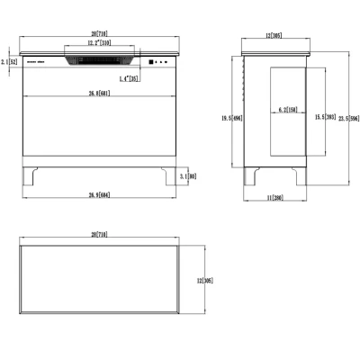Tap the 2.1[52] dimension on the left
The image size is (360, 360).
coord(9,62)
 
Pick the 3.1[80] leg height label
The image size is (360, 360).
coord(187,178)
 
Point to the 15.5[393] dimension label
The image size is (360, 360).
coord(324,116)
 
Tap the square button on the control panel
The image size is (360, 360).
coord(149,62)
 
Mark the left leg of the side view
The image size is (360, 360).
coord(253,178)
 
